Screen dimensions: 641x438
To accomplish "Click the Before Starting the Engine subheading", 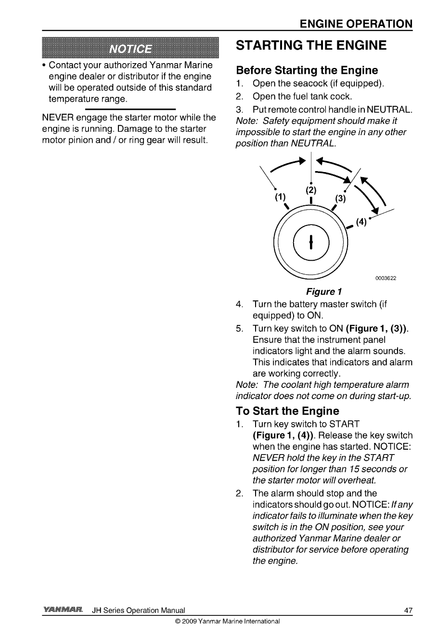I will pyautogui.click(x=307, y=70).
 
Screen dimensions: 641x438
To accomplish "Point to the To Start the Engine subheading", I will pyautogui.click(x=287, y=411).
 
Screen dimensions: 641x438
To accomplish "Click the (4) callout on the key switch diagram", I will pyautogui.click(x=362, y=222).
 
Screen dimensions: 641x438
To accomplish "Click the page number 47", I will pyautogui.click(x=409, y=611).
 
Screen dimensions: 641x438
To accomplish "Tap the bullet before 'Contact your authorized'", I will pyautogui.click(x=44, y=66).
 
